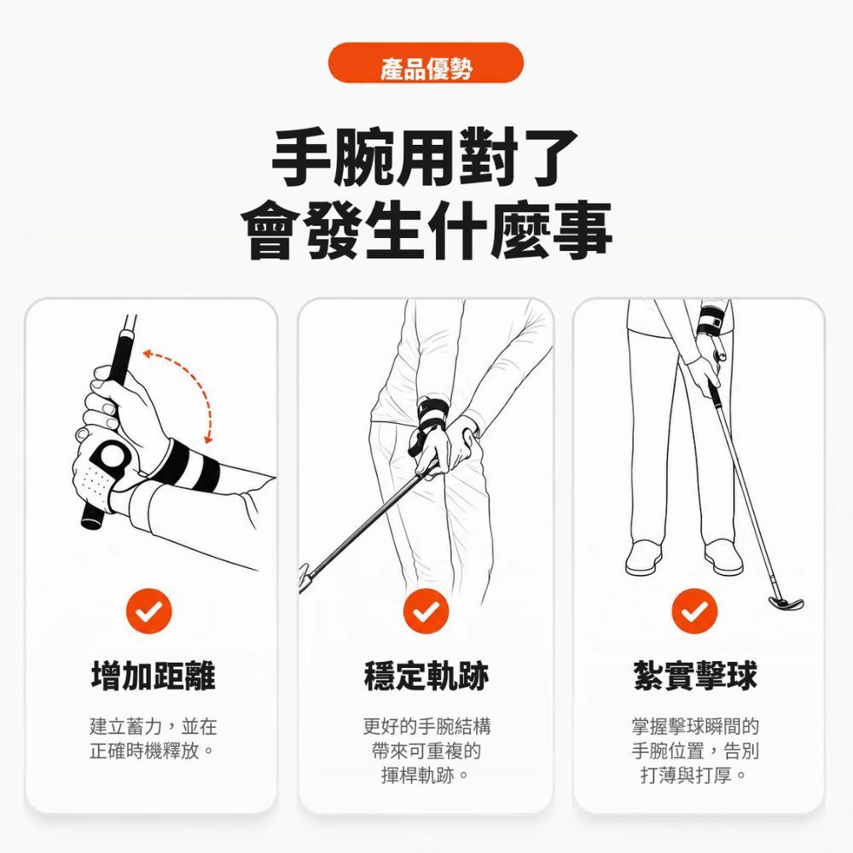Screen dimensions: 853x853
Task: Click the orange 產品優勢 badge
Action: tap(426, 63)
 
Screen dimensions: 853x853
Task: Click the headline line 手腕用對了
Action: tap(425, 158)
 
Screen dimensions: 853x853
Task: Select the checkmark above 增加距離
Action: tap(149, 611)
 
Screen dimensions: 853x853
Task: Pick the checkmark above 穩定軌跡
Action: tap(426, 611)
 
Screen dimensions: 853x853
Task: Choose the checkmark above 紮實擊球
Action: tap(694, 611)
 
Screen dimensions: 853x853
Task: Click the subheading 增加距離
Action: tap(154, 676)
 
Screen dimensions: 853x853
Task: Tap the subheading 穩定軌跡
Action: tap(426, 676)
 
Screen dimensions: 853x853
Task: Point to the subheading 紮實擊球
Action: tap(695, 676)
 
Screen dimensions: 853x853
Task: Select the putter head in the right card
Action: tap(786, 603)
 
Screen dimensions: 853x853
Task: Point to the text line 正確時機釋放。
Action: tap(153, 751)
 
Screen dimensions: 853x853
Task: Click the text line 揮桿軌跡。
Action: tap(426, 775)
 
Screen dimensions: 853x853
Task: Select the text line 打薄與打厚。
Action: tap(694, 775)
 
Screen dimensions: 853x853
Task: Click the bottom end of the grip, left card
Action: tap(92, 520)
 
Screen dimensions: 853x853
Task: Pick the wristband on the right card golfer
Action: tap(711, 321)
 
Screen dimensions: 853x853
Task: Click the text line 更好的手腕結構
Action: tap(426, 726)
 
